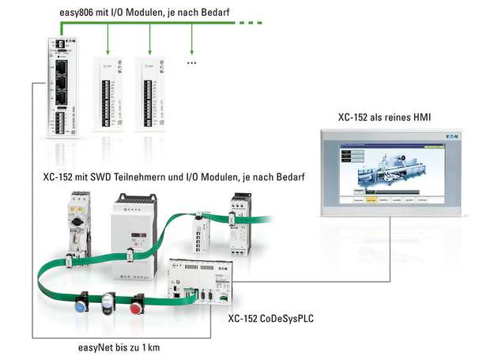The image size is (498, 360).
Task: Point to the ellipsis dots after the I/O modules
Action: coord(191,61)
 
